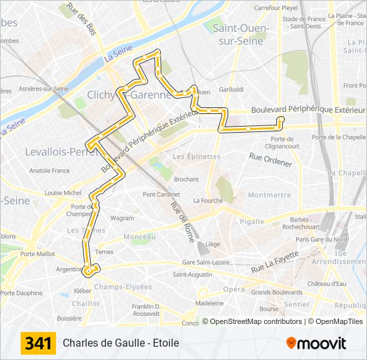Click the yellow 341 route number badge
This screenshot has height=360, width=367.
click(38, 343)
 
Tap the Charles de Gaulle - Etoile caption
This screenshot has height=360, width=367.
click(121, 343)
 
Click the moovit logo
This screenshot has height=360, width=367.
click(316, 343)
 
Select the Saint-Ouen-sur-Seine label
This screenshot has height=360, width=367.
click(241, 33)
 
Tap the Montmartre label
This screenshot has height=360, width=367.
click(269, 195)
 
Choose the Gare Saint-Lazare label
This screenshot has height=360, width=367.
click(206, 262)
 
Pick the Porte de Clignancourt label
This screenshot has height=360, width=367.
click(282, 142)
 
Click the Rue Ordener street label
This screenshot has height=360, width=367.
click(270, 160)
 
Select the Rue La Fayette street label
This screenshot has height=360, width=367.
click(274, 261)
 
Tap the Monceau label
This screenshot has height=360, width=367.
click(139, 237)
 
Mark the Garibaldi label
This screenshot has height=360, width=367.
click(231, 89)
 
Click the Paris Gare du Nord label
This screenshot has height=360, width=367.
click(322, 239)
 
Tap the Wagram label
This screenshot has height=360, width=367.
click(122, 218)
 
